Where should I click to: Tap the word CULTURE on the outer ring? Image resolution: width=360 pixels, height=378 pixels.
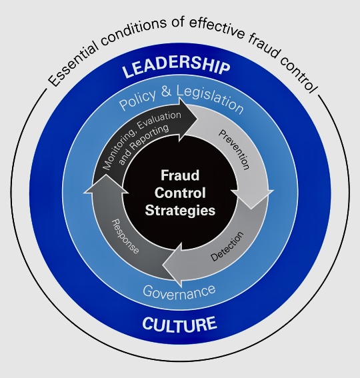[180, 324]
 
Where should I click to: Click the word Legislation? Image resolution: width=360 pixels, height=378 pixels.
[209, 99]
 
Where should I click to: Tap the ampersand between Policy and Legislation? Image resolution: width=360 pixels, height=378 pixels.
[166, 91]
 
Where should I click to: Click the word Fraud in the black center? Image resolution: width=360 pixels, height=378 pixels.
[180, 175]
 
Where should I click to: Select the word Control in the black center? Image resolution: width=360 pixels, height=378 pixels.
[180, 193]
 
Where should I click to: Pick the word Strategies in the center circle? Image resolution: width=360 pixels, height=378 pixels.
[180, 210]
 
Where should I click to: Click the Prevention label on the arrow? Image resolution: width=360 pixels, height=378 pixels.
[233, 150]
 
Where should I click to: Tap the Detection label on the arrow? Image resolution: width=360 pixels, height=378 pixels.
[227, 246]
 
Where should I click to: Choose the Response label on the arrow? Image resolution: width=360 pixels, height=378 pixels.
[125, 236]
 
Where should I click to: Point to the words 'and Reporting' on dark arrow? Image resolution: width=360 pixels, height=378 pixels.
[144, 144]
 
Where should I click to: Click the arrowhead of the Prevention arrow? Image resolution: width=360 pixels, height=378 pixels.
[252, 199]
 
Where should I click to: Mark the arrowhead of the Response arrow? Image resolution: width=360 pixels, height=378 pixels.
[106, 185]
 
